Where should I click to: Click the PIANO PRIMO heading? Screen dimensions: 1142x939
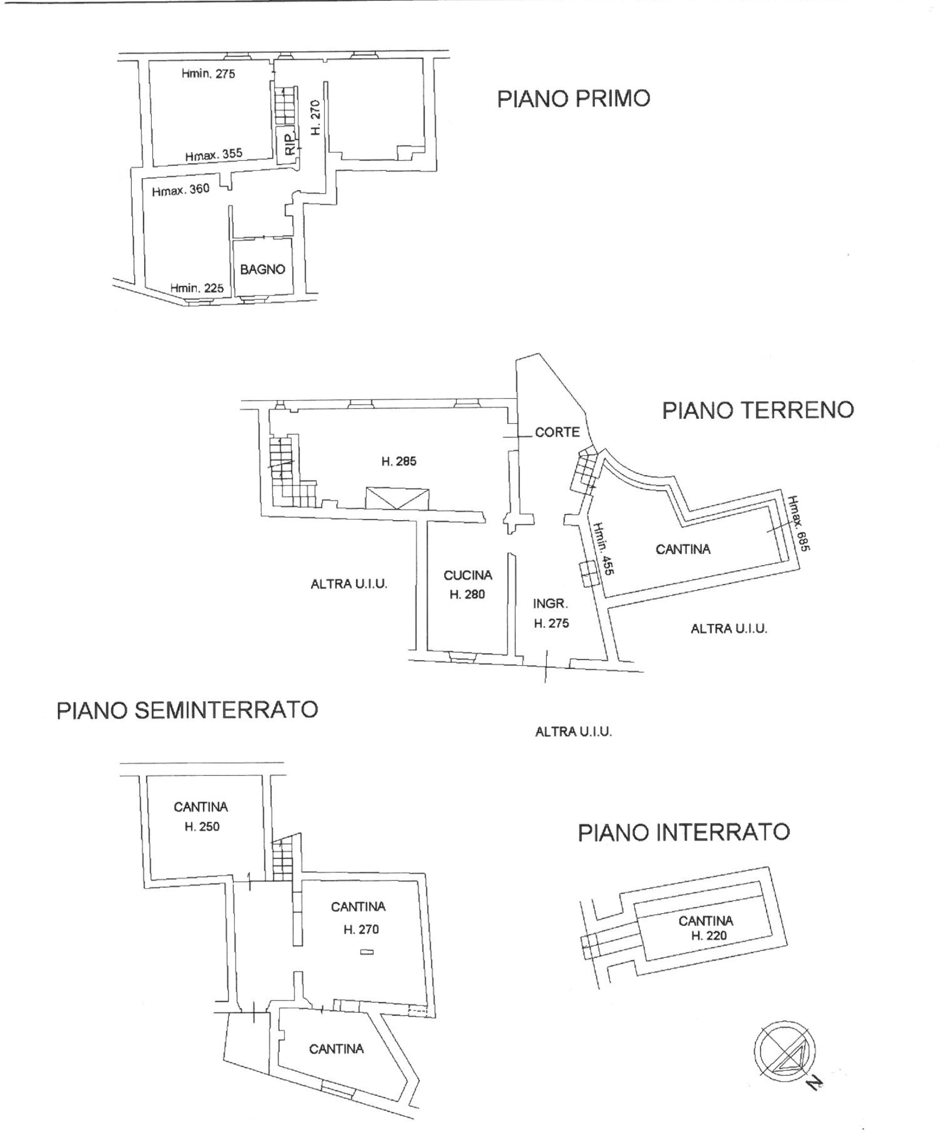pyautogui.click(x=573, y=99)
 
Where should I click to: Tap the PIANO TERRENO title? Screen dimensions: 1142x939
pyautogui.click(x=758, y=410)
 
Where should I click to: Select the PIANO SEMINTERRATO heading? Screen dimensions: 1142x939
pyautogui.click(x=187, y=710)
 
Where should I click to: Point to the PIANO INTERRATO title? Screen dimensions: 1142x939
pyautogui.click(x=684, y=832)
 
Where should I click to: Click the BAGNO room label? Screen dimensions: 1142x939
pyautogui.click(x=262, y=269)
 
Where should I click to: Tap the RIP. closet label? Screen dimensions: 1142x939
pyautogui.click(x=290, y=142)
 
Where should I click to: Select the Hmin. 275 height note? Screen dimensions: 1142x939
pyautogui.click(x=208, y=74)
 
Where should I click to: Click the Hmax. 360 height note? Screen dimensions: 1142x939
pyautogui.click(x=180, y=190)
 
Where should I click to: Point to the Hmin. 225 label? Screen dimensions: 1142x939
pyautogui.click(x=197, y=288)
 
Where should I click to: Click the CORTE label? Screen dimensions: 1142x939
pyautogui.click(x=557, y=432)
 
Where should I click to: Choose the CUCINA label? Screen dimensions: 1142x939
pyautogui.click(x=468, y=575)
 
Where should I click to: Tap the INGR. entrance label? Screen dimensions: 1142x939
pyautogui.click(x=550, y=603)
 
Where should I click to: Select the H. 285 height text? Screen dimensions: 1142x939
pyautogui.click(x=399, y=461)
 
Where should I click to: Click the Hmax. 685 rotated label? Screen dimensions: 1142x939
pyautogui.click(x=799, y=523)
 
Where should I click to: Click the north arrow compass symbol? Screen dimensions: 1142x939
pyautogui.click(x=784, y=1051)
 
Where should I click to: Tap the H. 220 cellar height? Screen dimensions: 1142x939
pyautogui.click(x=708, y=936)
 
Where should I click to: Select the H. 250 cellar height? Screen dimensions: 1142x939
pyautogui.click(x=202, y=827)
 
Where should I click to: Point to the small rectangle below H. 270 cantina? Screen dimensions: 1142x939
pyautogui.click(x=367, y=952)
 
